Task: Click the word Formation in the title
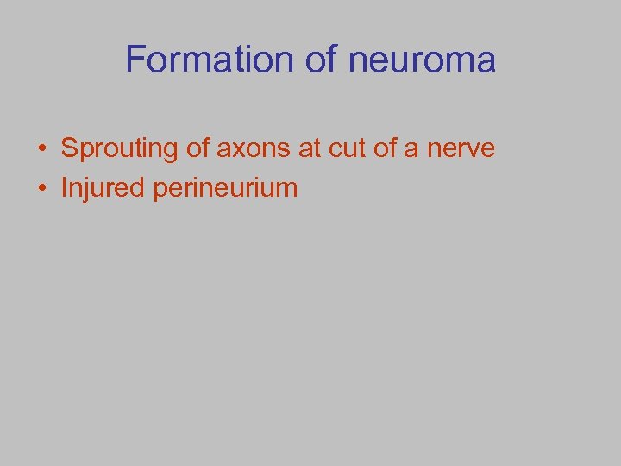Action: tap(210, 60)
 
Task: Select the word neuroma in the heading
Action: tap(423, 60)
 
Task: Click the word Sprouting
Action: tap(118, 148)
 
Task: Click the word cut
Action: tap(348, 148)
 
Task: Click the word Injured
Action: tap(103, 188)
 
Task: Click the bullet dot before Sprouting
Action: tap(41, 149)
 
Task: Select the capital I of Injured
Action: tap(64, 188)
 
